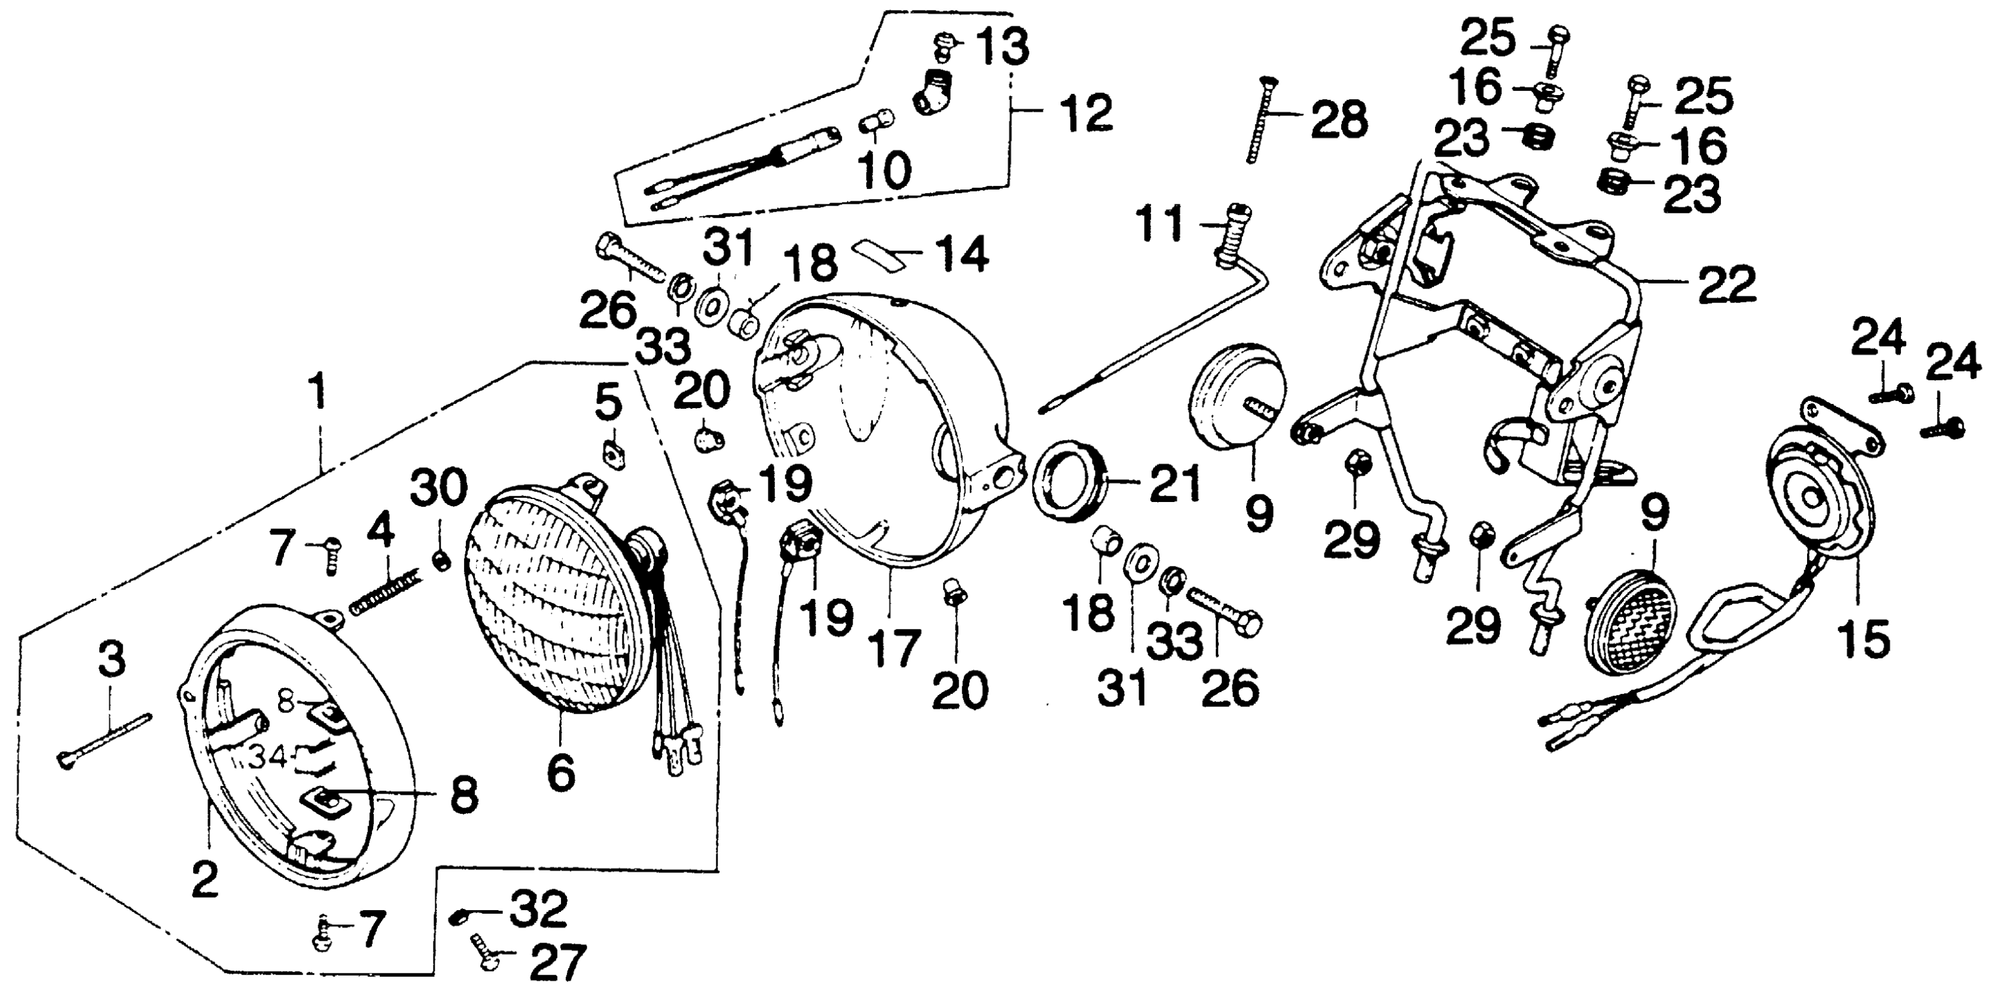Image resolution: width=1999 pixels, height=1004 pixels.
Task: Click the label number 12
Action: click(1085, 113)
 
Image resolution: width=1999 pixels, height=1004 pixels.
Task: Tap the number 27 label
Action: click(557, 964)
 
